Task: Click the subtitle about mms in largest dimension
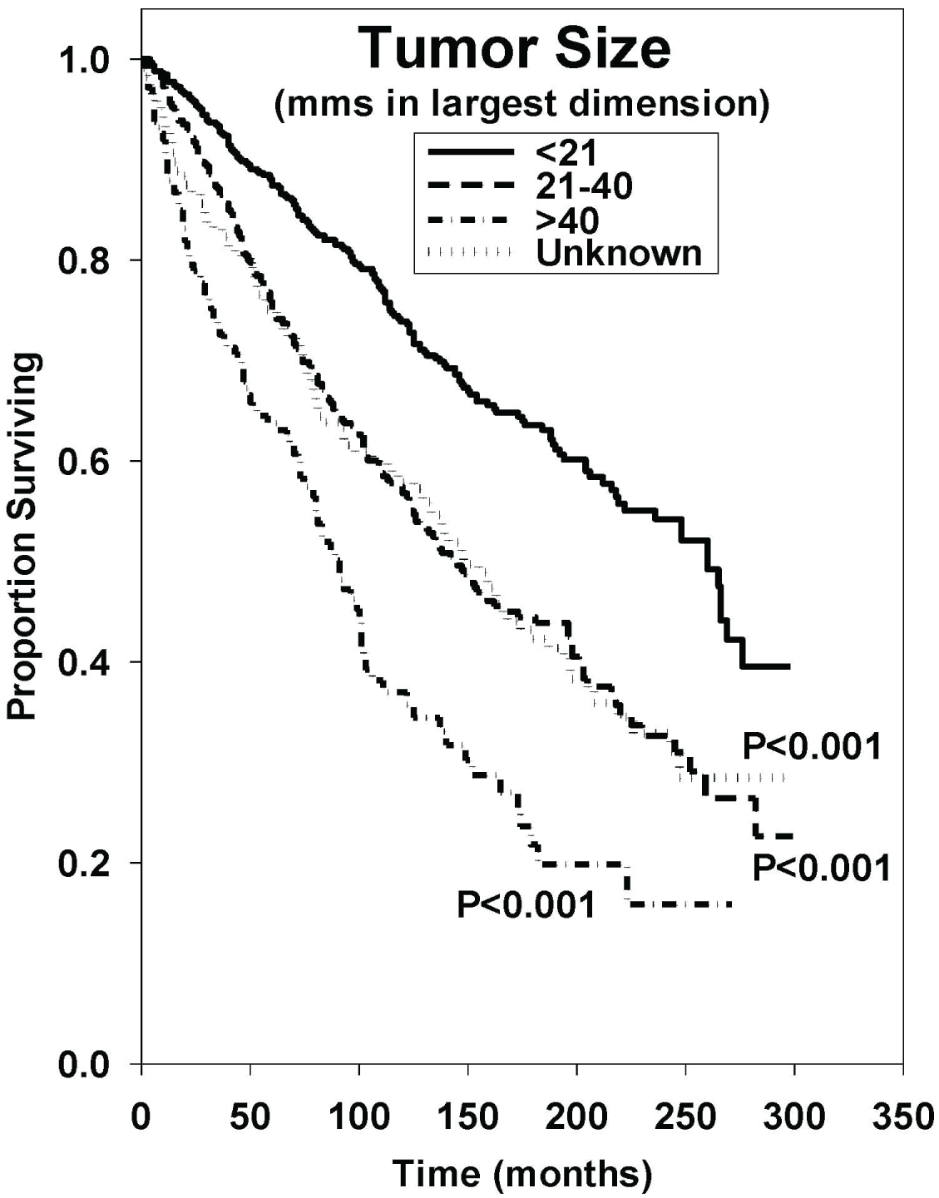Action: (x=521, y=107)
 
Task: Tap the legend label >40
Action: (x=567, y=220)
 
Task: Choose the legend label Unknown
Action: (x=619, y=253)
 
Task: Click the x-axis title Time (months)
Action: (x=521, y=1173)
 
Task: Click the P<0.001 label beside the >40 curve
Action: (x=526, y=904)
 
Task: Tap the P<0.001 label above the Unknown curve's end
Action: (x=811, y=746)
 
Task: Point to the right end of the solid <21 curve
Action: (x=788, y=666)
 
